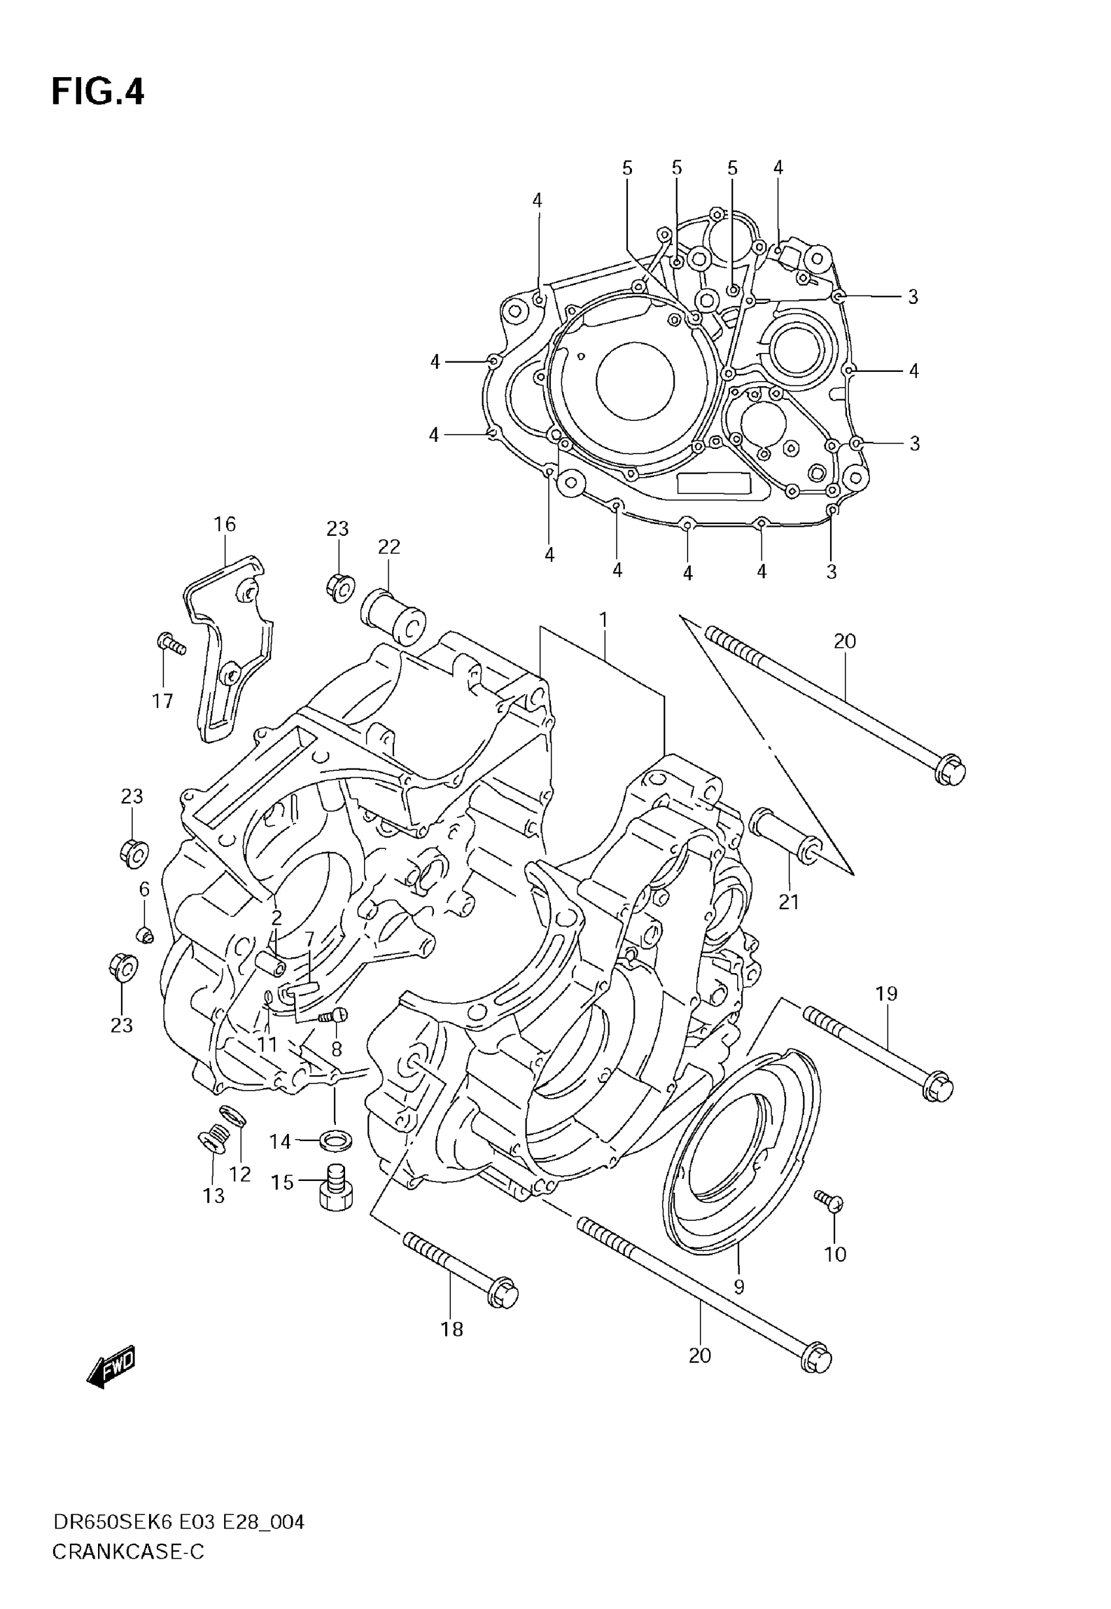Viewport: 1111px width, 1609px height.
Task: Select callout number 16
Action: [224, 524]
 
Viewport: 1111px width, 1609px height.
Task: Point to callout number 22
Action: [389, 547]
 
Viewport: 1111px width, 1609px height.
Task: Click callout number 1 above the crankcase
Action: [603, 620]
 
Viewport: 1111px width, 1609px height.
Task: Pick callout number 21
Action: [789, 902]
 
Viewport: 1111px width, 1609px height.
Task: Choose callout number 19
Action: [886, 994]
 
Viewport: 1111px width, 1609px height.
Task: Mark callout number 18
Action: [452, 1329]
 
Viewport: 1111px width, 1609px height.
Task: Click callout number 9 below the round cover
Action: [739, 1287]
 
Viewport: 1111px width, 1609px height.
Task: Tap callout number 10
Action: [835, 1254]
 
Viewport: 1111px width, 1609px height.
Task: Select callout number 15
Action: [282, 1182]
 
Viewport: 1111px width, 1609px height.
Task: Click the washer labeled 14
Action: [335, 1141]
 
